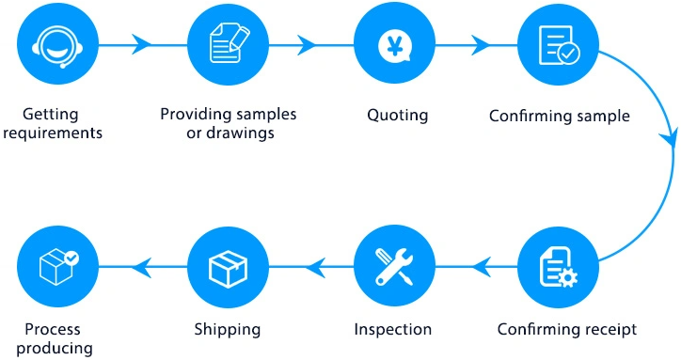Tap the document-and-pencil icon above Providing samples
tap(227, 43)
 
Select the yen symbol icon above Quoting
tap(393, 43)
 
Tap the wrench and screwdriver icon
tap(393, 269)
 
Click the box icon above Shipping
tap(227, 269)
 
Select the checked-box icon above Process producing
tap(57, 269)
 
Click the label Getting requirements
tap(52, 123)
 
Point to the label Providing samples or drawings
tap(228, 123)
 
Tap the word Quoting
tap(397, 116)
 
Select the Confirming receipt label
tap(566, 330)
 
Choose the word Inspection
tap(392, 330)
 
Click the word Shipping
tap(227, 330)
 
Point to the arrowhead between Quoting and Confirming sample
tap(480, 43)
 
